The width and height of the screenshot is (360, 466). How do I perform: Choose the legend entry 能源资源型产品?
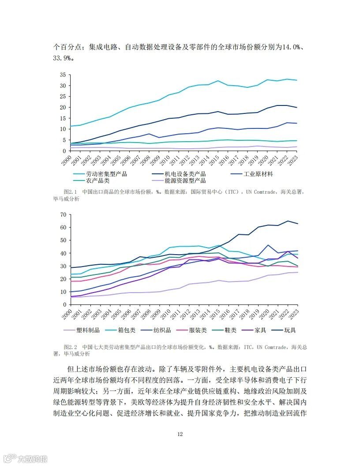185,180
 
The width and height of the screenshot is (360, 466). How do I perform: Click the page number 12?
180,434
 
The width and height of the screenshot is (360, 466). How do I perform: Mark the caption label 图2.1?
71,192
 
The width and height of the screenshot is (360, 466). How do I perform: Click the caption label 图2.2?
71,347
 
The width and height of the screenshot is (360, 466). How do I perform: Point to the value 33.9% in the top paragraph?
63,58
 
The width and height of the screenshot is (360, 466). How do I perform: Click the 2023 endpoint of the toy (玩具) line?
297,224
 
